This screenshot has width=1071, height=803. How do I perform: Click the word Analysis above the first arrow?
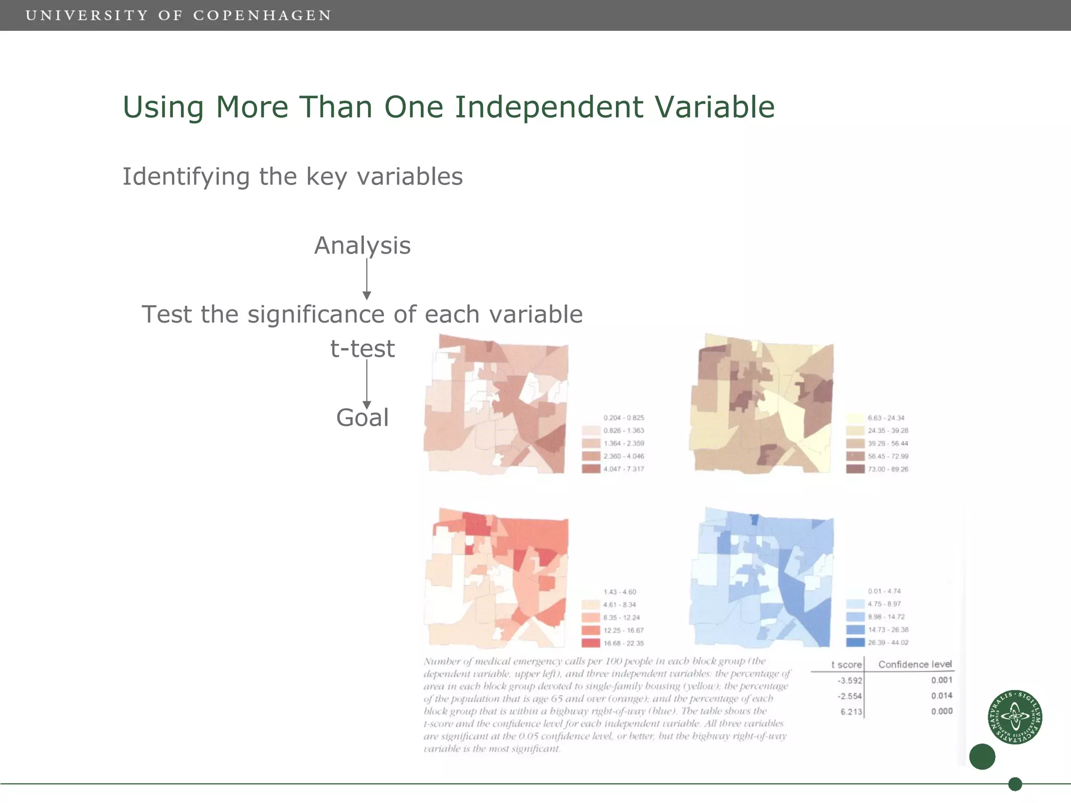[x=362, y=246]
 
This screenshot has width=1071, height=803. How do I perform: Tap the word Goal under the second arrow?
[x=362, y=418]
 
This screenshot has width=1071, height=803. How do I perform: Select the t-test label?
[x=362, y=349]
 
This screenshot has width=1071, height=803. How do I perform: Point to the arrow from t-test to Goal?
[x=367, y=384]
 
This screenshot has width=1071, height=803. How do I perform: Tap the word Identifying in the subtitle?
[x=186, y=177]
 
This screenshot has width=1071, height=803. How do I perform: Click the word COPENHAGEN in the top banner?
[x=262, y=16]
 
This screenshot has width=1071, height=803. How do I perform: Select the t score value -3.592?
[x=849, y=681]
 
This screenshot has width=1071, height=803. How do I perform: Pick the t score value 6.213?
[x=851, y=712]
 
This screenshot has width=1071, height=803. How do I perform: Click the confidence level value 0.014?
[x=941, y=696]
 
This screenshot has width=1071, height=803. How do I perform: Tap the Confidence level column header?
[x=915, y=664]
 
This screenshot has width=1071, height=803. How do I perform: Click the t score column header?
[x=846, y=664]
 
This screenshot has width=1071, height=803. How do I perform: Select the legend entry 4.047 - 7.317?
[x=623, y=469]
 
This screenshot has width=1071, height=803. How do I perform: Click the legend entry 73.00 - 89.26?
[x=887, y=469]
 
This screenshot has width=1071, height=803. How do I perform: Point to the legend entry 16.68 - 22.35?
[x=623, y=644]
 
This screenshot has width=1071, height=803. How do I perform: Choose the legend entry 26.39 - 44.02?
[x=887, y=643]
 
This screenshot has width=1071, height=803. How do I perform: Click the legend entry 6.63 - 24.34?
[x=885, y=418]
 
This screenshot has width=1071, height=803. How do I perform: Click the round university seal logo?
[x=1015, y=717]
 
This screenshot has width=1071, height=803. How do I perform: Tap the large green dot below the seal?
[x=982, y=756]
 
